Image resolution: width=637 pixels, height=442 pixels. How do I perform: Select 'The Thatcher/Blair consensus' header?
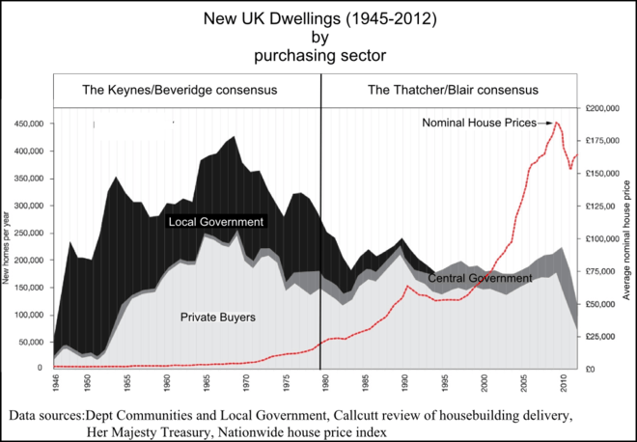[453, 90]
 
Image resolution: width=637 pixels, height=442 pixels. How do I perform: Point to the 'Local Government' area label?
[215, 222]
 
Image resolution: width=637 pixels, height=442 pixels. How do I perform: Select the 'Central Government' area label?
[480, 278]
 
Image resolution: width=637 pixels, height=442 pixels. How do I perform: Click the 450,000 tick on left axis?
[31, 124]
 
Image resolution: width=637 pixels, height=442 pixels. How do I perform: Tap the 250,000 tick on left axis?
[31, 233]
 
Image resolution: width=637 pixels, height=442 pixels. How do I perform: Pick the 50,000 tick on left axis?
[34, 342]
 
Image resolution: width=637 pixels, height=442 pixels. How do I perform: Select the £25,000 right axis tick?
[602, 336]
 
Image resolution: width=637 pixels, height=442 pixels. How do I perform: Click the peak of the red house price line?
[556, 123]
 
